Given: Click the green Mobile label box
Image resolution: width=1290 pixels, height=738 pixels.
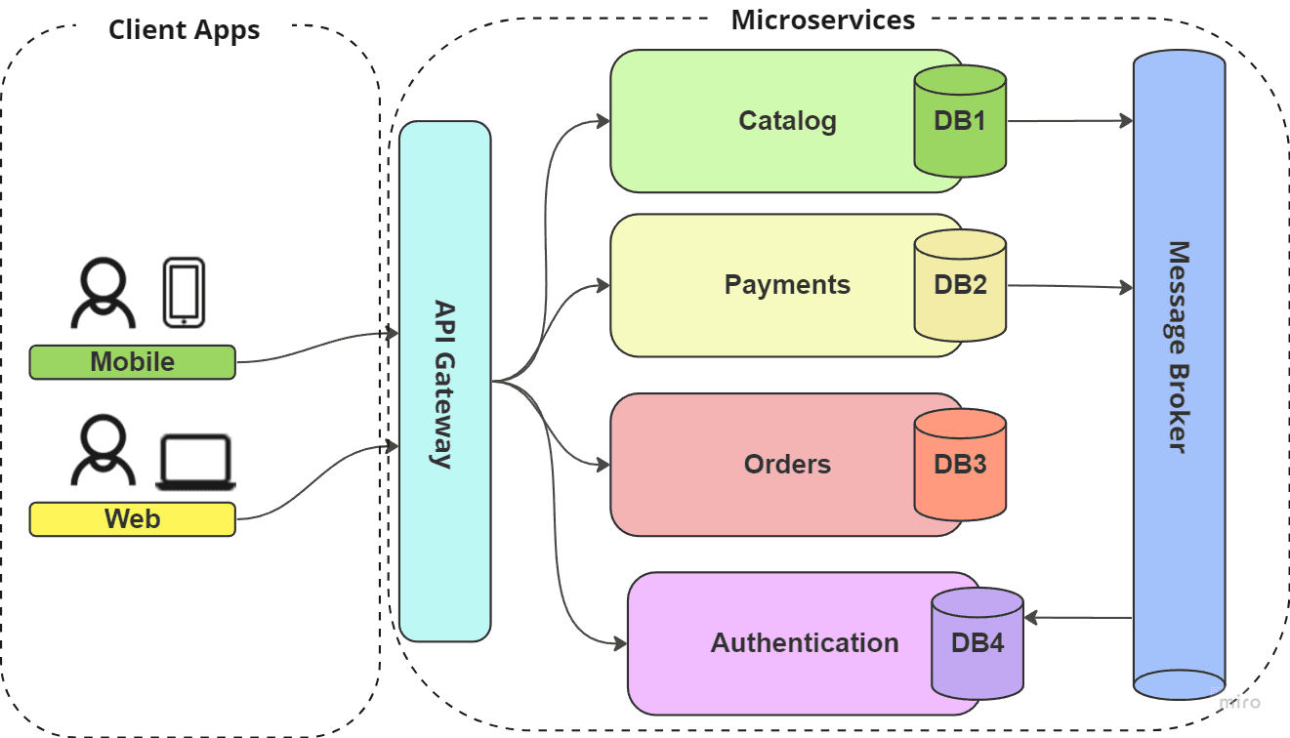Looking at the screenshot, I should [x=132, y=362].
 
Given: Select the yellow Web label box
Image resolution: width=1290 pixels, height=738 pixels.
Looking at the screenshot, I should [x=132, y=519].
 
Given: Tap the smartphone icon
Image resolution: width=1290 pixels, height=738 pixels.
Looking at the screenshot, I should [x=184, y=292].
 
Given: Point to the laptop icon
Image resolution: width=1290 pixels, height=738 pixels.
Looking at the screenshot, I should [x=196, y=463].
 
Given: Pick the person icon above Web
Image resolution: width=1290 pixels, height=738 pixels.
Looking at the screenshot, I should [x=102, y=450].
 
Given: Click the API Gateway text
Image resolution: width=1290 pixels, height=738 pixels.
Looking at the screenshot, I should [x=444, y=384].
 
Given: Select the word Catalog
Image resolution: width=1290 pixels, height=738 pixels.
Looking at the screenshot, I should [x=787, y=121].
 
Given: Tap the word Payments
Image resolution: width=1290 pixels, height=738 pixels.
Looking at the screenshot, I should [x=787, y=285].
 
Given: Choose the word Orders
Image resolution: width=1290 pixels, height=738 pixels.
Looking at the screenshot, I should [x=787, y=464].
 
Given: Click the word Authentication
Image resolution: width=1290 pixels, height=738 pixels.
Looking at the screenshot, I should [x=805, y=643].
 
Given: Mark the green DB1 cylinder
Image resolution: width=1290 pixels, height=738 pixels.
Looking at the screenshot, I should [x=960, y=121].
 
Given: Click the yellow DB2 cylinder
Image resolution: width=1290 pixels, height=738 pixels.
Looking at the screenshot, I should [x=960, y=285].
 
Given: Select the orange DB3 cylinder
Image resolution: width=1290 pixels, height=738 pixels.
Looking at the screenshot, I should [x=960, y=464].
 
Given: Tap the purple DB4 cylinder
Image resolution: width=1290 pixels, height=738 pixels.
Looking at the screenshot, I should [x=977, y=643].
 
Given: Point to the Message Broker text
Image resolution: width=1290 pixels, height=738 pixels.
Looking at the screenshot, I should [x=1179, y=347].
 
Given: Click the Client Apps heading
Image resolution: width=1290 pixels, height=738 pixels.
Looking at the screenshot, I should [x=184, y=30].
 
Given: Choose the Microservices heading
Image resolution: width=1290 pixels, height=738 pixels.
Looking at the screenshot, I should [x=822, y=20].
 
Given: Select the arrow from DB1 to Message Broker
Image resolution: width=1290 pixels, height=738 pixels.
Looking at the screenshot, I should [x=1069, y=121].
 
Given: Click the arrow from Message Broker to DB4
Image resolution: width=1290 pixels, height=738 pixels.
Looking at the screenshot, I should [x=1078, y=618].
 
